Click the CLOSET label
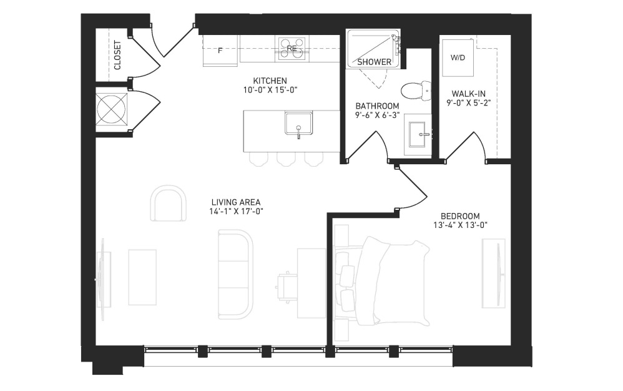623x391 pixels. coord(117,55)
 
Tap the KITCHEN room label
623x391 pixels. coord(270,81)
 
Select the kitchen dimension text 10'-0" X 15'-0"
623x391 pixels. coord(270,90)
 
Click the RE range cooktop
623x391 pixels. coord(292,49)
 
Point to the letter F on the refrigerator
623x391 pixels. coord(220,51)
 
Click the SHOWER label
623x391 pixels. coord(374,62)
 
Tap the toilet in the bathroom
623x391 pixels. coord(416,90)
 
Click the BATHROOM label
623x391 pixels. coord(377,106)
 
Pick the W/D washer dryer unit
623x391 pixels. coord(458,57)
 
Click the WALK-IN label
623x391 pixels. coord(468,94)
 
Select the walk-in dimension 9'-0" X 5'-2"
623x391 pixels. coord(468,102)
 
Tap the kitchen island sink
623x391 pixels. coord(298,124)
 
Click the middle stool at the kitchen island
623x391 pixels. coord(286,159)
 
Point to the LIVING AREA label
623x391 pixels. coord(236,202)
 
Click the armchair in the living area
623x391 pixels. coord(169,203)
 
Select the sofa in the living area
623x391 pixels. coord(235,274)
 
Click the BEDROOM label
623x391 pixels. coord(460,216)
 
